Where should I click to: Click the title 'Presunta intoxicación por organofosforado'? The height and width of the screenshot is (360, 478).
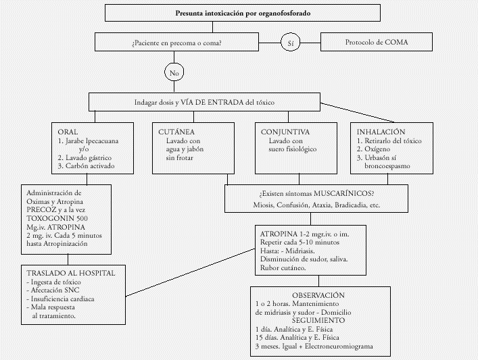[x=243, y=13]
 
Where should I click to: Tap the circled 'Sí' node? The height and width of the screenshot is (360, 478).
[x=290, y=43]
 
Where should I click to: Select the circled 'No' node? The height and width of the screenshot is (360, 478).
[x=174, y=72]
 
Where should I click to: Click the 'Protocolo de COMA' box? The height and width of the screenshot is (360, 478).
[x=377, y=42]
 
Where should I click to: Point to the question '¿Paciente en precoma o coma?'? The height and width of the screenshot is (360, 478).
[x=176, y=43]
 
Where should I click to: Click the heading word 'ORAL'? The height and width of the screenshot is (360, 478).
[x=68, y=132]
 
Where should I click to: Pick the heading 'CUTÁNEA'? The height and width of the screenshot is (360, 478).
[x=176, y=132]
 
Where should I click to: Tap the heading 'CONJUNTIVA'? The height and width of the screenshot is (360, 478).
[x=285, y=132]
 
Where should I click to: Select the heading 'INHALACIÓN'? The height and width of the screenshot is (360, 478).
[x=381, y=132]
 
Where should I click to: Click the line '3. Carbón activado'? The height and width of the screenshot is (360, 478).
[x=87, y=166]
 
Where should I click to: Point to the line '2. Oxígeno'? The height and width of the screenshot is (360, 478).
[x=373, y=149]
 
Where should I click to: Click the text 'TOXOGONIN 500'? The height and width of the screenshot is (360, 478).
[x=57, y=218]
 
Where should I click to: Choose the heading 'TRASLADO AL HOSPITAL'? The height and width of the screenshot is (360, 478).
[x=71, y=273]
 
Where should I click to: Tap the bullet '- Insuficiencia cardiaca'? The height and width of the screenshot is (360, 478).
[x=60, y=299]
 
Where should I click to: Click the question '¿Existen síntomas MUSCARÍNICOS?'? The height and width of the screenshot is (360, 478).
[x=316, y=194]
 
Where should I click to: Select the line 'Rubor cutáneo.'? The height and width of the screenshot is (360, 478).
[x=283, y=268]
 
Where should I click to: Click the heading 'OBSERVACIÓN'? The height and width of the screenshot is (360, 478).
[x=318, y=295]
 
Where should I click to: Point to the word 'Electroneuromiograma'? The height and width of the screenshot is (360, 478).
[x=339, y=346]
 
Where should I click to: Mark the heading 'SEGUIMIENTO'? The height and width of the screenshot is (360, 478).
[x=318, y=320]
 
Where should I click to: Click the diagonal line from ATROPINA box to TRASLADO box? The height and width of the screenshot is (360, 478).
[x=190, y=273]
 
